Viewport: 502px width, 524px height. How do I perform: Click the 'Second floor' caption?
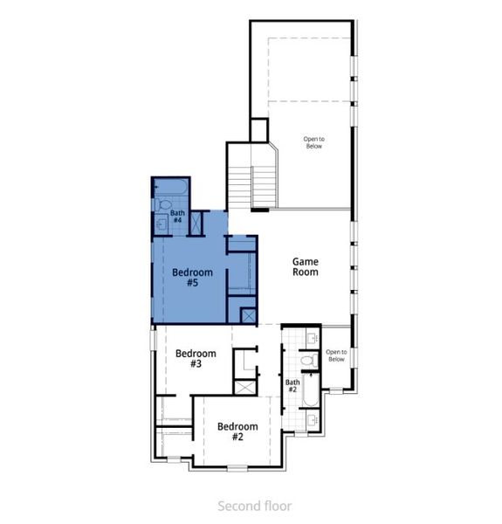point(254,506)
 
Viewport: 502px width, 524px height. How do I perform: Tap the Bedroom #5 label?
point(191,278)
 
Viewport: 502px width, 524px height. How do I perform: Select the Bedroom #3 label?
point(195,359)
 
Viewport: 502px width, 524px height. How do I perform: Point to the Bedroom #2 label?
point(237,431)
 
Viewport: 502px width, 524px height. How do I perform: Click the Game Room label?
point(305,266)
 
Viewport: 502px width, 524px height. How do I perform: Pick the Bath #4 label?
point(177,217)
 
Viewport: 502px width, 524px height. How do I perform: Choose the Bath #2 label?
point(292,384)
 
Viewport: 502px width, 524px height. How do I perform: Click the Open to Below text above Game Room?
point(313,142)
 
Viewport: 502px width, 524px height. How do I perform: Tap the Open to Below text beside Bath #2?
point(335,356)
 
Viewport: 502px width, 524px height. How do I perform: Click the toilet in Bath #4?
point(163,206)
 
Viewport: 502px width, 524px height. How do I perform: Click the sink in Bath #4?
point(161,224)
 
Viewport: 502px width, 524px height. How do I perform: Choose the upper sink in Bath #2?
point(312,337)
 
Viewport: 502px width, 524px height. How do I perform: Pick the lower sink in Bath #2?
point(313,420)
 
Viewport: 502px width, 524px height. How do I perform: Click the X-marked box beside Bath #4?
point(196,224)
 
